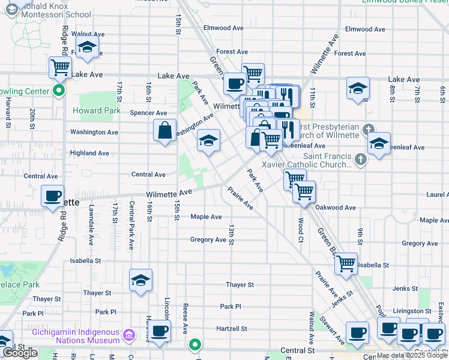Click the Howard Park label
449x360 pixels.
coord(97,111)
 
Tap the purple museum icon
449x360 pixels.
coord(128,334)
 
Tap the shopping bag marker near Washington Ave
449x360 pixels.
coord(165,130)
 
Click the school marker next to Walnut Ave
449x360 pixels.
coord(88,46)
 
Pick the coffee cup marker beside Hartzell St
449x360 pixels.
coord(159,331)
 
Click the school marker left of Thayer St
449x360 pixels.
coord(141,280)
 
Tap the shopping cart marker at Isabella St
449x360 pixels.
coord(346,263)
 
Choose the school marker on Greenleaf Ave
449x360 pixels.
coord(379,143)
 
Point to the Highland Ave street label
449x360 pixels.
coord(89,154)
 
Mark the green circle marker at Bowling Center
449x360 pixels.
coord(59,92)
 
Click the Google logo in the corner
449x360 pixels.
coord(20,353)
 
